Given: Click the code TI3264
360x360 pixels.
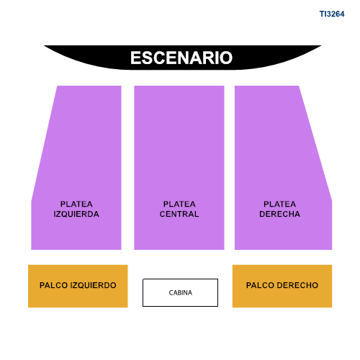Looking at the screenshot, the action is (332, 14).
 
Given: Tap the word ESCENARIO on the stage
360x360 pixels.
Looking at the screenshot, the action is (181, 58).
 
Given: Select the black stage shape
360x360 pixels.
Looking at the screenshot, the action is (182, 58).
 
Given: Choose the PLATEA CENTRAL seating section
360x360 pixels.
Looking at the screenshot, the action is (179, 168).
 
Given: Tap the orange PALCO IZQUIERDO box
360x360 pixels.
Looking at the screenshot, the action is (78, 286).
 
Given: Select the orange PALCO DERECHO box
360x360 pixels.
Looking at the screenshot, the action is (282, 286).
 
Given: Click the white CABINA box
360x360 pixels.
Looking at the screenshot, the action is (181, 292).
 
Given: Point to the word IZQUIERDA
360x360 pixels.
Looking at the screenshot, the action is (76, 214).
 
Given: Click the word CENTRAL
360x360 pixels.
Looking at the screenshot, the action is (179, 214).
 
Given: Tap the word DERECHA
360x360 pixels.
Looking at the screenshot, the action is (279, 214).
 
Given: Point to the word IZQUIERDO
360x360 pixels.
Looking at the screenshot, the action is (93, 285).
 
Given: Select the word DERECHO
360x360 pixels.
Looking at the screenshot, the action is (297, 285).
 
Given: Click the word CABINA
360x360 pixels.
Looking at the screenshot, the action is (181, 293).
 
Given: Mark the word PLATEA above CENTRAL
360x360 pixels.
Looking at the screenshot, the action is (179, 204).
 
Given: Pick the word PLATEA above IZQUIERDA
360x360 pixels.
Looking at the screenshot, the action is (76, 204).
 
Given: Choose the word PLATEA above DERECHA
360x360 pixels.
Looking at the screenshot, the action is (279, 204).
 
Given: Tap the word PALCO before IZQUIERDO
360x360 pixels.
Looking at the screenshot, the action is (53, 285).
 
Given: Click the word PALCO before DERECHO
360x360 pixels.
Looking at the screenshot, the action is (260, 285).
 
